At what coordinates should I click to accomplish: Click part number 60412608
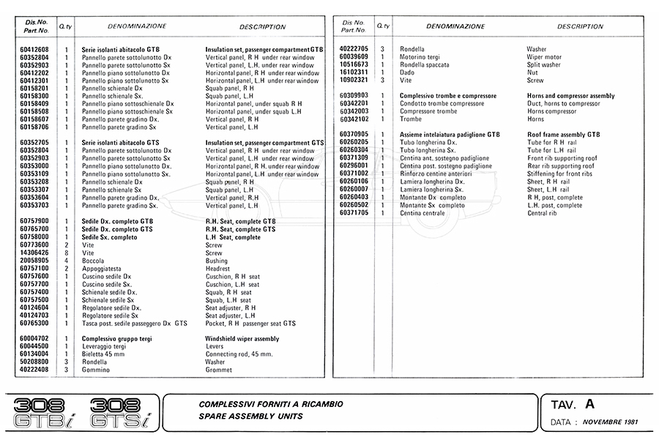pos(34,50)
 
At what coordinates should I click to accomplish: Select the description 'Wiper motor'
pos(544,57)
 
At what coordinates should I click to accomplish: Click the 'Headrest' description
pos(218,269)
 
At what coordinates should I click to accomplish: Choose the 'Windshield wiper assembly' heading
pos(242,339)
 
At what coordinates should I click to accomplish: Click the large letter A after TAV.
pos(590,403)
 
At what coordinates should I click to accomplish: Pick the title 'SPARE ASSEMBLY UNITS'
pos(250,417)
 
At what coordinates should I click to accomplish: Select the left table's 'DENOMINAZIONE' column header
pos(136,26)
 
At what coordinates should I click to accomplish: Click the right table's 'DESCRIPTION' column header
pos(580,26)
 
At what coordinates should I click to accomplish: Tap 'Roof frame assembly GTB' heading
pos(563,135)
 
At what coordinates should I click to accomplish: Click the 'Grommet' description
pos(218,370)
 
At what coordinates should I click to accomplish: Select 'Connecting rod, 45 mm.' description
pos(239,354)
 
